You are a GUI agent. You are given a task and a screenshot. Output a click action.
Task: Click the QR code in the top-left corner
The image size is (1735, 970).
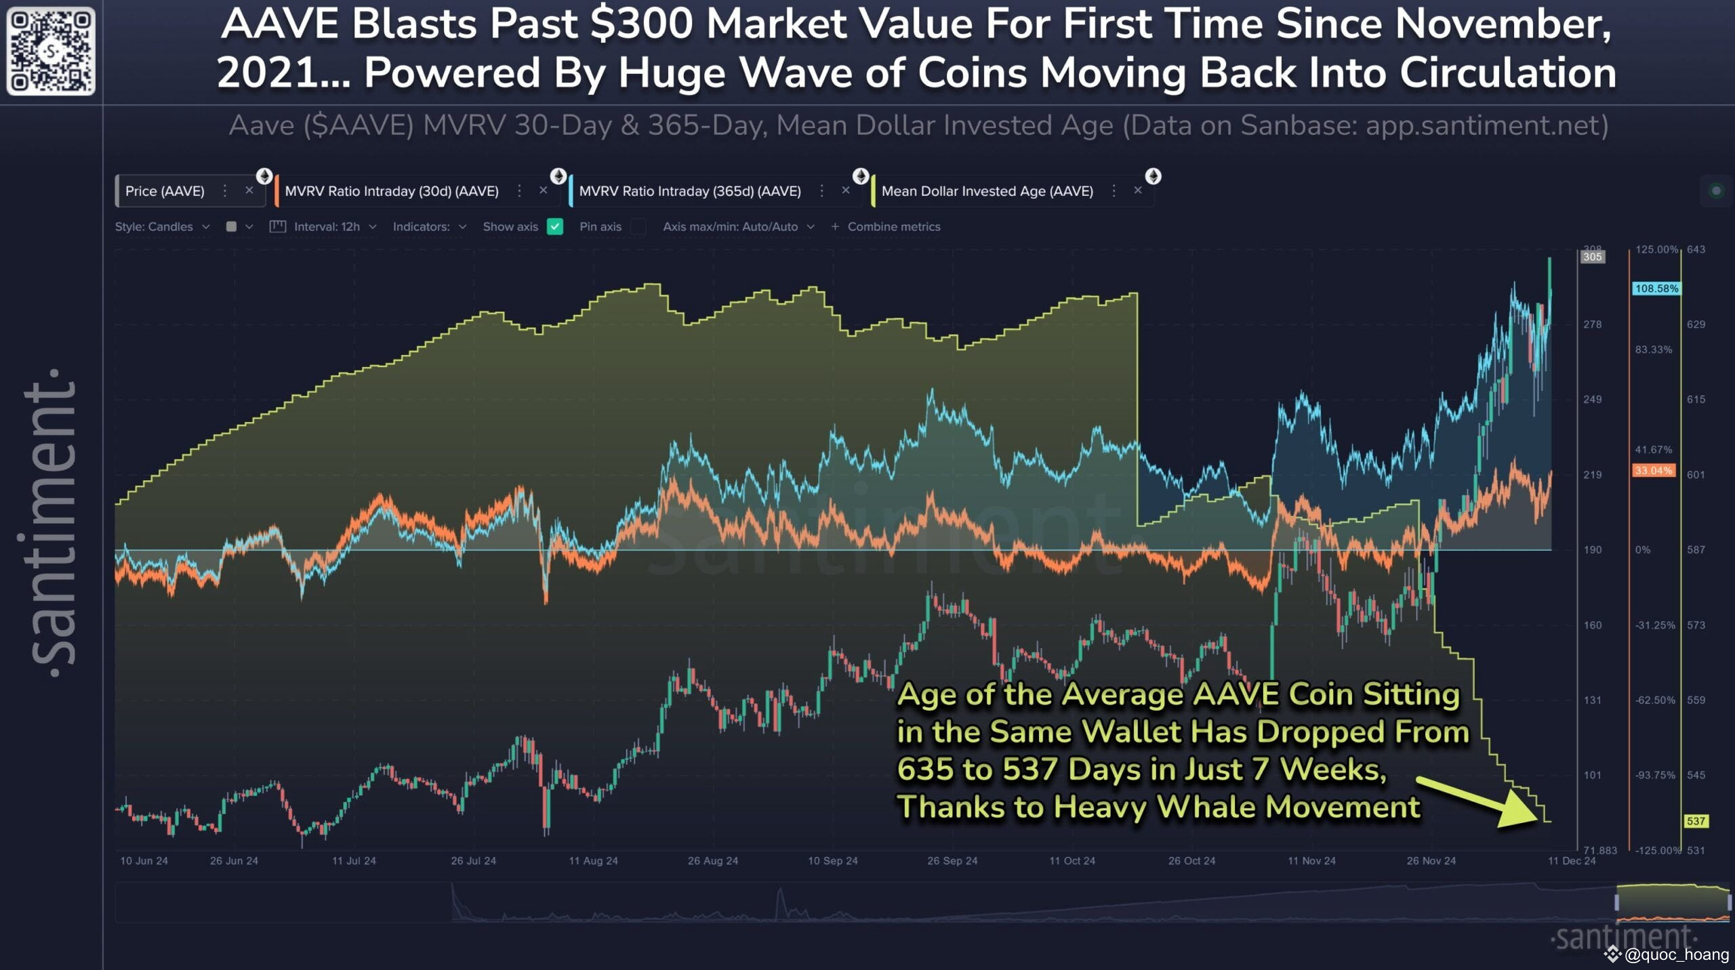(x=51, y=51)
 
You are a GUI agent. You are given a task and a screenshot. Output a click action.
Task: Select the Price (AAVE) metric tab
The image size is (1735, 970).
(x=165, y=191)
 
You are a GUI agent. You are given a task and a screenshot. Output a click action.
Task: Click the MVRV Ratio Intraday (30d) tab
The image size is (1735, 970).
(x=391, y=191)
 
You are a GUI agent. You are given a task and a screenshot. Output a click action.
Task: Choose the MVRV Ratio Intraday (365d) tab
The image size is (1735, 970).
(x=689, y=191)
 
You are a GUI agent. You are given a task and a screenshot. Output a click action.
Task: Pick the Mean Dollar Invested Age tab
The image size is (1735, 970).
(x=987, y=191)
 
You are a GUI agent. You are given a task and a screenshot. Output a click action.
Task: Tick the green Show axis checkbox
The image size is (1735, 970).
(x=555, y=227)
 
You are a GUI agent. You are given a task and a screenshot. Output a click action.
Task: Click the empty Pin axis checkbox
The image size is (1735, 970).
(x=638, y=227)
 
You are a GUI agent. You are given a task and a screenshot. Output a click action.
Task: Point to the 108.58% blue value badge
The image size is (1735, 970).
(x=1656, y=289)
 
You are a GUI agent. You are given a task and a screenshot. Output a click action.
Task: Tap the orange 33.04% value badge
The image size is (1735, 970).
(x=1653, y=471)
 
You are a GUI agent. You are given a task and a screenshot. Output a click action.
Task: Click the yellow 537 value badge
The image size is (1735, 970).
(x=1696, y=821)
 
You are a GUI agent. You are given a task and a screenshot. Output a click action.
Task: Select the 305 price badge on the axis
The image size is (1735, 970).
(x=1593, y=257)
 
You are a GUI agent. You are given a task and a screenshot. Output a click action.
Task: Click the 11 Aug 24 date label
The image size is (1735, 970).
(x=593, y=861)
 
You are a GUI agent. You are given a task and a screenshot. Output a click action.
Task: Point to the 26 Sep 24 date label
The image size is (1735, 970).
(x=952, y=861)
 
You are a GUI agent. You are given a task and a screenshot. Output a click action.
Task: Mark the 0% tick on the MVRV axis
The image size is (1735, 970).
(x=1643, y=550)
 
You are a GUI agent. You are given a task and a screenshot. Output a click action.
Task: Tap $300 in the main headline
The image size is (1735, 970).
(x=641, y=24)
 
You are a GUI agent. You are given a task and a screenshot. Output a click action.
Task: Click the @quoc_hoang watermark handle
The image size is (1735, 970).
(x=1677, y=954)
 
